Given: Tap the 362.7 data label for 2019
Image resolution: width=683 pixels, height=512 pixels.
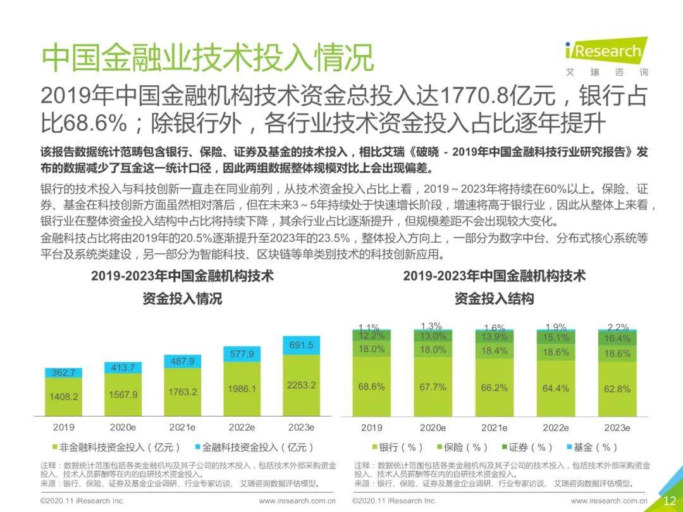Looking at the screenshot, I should click(63, 373).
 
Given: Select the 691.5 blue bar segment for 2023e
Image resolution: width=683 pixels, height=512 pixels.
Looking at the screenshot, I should click(301, 345).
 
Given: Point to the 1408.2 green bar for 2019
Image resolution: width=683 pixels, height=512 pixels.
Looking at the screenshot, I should click(63, 396).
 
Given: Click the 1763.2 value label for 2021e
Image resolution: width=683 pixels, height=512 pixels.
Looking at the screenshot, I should click(183, 392).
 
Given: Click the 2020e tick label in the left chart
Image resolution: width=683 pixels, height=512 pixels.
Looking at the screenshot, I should click(123, 428).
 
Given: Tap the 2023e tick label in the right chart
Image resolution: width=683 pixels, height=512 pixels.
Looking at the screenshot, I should click(617, 428).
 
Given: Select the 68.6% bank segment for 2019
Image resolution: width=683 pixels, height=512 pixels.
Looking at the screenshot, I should click(371, 387).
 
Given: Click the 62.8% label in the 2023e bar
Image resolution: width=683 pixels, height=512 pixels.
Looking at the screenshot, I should click(617, 389).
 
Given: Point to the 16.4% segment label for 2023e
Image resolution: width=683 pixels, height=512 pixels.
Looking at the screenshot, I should click(617, 339).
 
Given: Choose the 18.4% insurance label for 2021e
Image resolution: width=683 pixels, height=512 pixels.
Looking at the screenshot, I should click(494, 351).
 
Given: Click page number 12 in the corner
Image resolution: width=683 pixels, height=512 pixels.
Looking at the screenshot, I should click(669, 500).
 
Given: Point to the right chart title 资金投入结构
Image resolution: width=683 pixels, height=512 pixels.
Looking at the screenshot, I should click(494, 299).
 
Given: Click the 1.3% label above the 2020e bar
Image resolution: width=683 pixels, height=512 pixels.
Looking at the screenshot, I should click(433, 326).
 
